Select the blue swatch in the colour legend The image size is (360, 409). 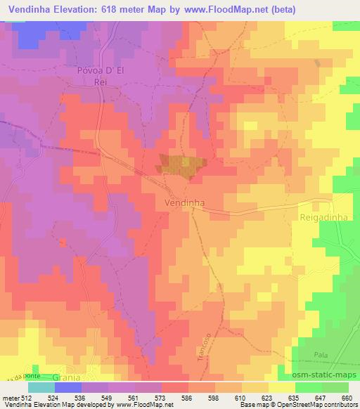click(x=67, y=387)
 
